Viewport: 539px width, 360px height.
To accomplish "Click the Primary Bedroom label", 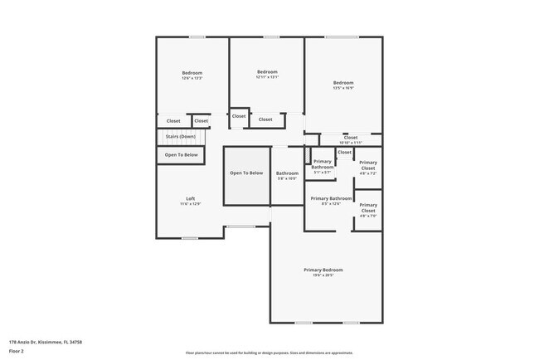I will [323, 270].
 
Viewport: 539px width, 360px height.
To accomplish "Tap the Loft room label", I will [191, 198].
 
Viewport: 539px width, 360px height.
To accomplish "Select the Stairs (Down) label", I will [180, 136].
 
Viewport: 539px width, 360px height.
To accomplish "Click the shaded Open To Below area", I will [246, 183].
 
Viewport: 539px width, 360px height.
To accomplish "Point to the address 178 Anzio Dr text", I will [46, 342].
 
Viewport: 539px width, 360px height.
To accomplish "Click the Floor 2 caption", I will [17, 351].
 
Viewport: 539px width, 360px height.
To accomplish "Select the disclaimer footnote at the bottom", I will [269, 353].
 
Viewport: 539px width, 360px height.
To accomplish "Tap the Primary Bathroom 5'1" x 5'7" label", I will [323, 164].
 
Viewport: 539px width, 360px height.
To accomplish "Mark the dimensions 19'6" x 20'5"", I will [323, 275].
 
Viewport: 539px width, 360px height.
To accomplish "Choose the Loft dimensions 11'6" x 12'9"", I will [191, 203].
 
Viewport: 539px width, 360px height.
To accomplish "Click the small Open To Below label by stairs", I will [181, 155].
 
